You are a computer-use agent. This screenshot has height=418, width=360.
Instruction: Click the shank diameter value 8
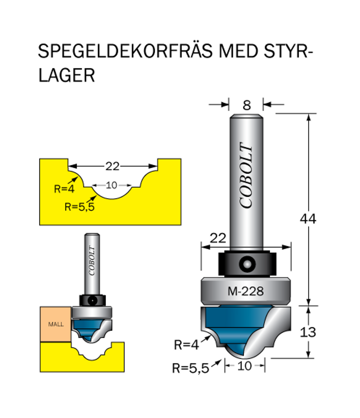tap(246, 105)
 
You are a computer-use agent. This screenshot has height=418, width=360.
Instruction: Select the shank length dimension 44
tap(308, 219)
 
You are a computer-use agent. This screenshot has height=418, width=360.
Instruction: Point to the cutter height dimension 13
tap(308, 332)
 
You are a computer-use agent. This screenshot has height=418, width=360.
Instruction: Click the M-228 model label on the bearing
tap(245, 291)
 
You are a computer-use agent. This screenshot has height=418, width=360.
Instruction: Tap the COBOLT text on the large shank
tap(246, 176)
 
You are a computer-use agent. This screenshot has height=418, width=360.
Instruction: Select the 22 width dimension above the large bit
tap(218, 238)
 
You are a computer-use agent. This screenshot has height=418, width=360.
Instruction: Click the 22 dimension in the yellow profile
tap(112, 166)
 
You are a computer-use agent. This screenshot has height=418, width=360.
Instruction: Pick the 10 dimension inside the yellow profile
tap(111, 185)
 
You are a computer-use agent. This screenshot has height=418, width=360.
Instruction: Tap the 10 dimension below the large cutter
tap(244, 366)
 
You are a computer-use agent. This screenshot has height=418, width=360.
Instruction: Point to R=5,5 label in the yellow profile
tap(79, 207)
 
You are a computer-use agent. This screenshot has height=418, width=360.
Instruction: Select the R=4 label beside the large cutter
tap(186, 345)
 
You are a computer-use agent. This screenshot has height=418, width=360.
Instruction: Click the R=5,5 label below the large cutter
tap(190, 368)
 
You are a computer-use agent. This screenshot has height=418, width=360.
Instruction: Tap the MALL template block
tap(56, 325)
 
